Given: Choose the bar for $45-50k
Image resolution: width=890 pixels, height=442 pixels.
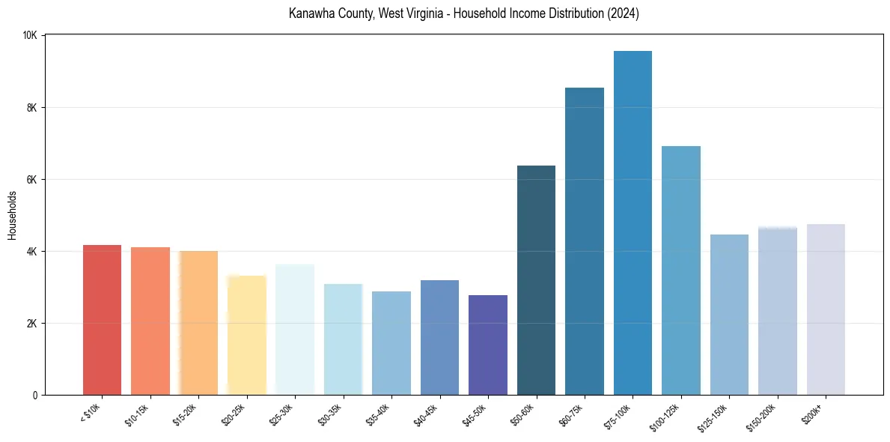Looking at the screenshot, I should coord(488,345).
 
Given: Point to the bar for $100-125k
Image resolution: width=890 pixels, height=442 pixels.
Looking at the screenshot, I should coord(681,270).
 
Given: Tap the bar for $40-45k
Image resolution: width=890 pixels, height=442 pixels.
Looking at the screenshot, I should coord(439,337).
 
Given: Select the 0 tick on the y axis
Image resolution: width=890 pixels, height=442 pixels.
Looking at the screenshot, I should coord(38,395).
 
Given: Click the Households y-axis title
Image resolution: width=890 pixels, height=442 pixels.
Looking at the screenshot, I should coord(12,215).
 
